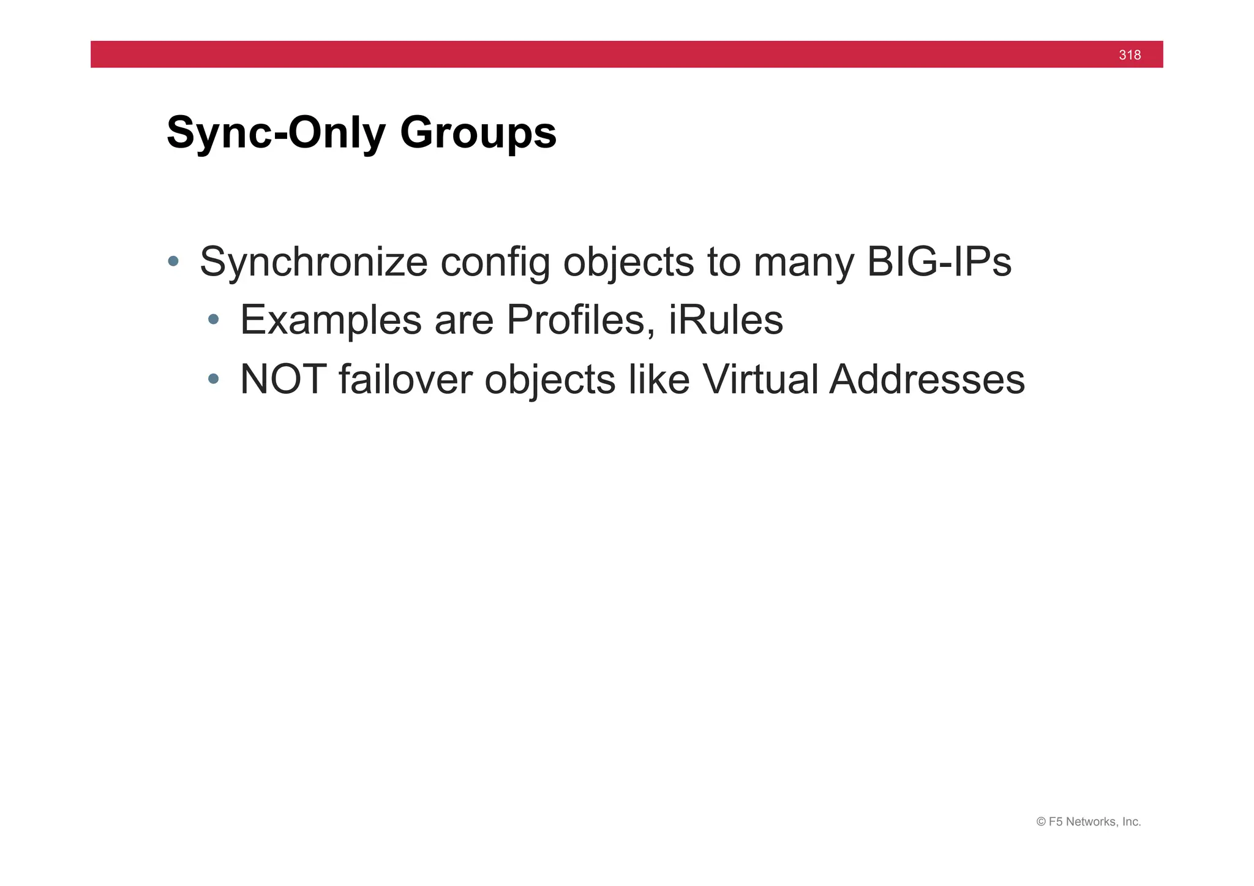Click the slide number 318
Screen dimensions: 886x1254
(x=1129, y=55)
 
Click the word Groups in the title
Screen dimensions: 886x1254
(x=478, y=132)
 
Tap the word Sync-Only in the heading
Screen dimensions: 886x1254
(x=276, y=132)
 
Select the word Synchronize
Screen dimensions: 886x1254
(x=313, y=262)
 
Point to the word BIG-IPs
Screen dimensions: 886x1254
(x=939, y=262)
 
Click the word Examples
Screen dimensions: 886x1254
(x=331, y=320)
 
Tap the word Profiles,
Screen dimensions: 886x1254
(x=580, y=320)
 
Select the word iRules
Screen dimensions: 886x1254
(x=726, y=320)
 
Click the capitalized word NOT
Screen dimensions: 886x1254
(x=283, y=380)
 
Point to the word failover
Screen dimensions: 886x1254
(x=405, y=380)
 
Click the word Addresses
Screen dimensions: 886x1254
(x=927, y=380)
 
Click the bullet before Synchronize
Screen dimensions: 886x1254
(x=173, y=261)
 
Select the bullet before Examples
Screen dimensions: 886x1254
(x=213, y=319)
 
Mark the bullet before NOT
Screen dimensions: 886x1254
(x=213, y=379)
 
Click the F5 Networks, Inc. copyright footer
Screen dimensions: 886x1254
(x=1088, y=822)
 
